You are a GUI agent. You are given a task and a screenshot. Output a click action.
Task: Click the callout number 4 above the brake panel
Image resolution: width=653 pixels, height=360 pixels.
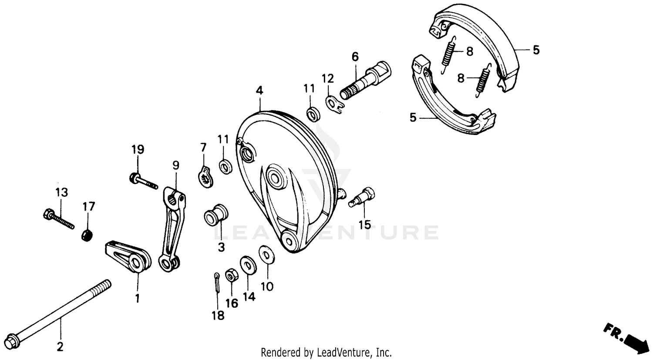[259, 91]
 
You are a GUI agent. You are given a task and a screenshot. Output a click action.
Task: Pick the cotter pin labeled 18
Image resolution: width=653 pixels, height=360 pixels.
[217, 283]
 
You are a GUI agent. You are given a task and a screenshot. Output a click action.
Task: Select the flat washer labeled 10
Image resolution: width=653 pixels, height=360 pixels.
[266, 255]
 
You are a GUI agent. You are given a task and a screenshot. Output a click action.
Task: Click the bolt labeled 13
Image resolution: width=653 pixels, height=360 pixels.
[58, 220]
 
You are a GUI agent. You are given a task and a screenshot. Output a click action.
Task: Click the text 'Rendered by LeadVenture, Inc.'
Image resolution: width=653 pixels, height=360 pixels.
[326, 352]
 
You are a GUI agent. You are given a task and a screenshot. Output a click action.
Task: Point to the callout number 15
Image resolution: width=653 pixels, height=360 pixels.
[364, 225]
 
